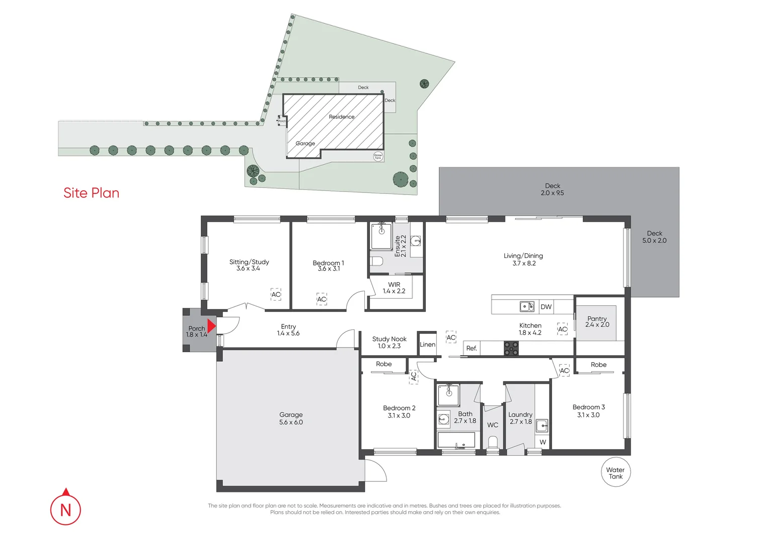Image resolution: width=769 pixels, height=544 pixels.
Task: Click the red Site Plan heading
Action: click(91, 193)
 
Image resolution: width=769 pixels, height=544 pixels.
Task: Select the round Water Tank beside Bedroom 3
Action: click(616, 472)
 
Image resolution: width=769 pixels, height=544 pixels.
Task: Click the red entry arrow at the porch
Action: click(211, 326)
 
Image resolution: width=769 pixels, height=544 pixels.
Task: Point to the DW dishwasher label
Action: click(546, 307)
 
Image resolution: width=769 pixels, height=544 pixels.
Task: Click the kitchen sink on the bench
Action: click(527, 306)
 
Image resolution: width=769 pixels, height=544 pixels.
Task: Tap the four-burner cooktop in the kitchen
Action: click(511, 349)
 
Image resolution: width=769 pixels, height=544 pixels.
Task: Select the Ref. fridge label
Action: click(472, 348)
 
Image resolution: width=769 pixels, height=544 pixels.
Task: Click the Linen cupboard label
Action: click(427, 345)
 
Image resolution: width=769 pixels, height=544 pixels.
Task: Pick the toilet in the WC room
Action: click(493, 442)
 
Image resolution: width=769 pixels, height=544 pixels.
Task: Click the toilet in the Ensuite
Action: click(376, 261)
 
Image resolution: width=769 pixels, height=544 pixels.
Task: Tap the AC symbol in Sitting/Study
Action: click(276, 295)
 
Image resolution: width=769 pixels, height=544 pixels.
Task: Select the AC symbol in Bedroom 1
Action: click(322, 299)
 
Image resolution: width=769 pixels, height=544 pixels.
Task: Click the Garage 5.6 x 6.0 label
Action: click(291, 419)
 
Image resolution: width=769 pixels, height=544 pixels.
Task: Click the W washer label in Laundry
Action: click(543, 442)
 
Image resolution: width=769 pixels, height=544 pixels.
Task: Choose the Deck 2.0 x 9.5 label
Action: click(552, 189)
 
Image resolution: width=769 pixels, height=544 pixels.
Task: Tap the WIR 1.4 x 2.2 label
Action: click(394, 288)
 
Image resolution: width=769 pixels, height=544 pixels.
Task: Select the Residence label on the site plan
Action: click(342, 117)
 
